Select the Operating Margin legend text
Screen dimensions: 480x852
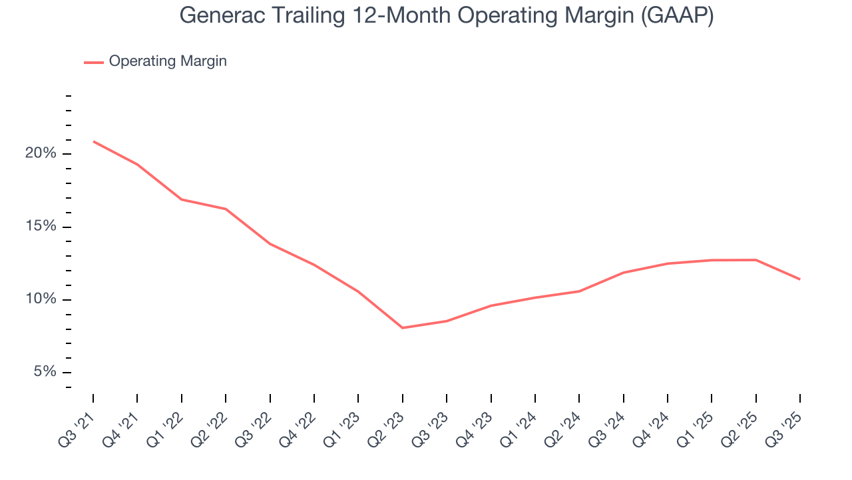click(x=168, y=61)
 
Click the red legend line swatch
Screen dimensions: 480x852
click(x=94, y=62)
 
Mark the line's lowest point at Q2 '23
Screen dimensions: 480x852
click(x=403, y=328)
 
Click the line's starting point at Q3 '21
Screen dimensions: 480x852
click(x=93, y=141)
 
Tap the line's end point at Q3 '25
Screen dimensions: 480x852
click(x=799, y=279)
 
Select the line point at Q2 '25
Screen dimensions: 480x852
click(x=755, y=260)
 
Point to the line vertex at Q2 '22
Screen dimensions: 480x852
click(x=226, y=209)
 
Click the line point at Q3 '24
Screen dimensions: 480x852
click(x=623, y=273)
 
